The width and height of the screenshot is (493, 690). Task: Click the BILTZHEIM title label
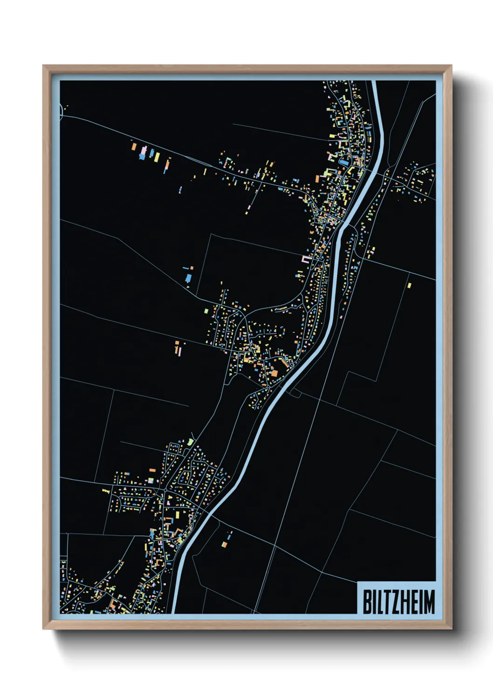pos(398,601)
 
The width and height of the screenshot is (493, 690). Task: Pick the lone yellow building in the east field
pos(410,285)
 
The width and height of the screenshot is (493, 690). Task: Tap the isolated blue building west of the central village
pos(188,278)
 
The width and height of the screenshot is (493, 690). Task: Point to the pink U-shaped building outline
pos(307,259)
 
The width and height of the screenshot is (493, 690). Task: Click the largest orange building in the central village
pos(274,373)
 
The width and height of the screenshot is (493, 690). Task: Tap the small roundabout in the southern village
pos(165,491)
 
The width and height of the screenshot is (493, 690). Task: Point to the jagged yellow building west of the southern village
pos(106,490)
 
